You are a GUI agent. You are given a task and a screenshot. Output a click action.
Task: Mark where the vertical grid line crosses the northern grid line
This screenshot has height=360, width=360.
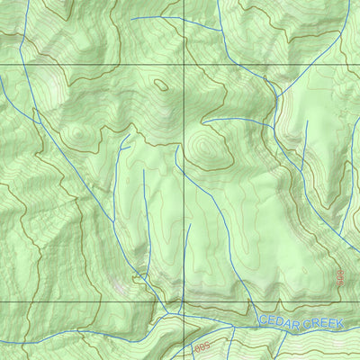tap(184, 66)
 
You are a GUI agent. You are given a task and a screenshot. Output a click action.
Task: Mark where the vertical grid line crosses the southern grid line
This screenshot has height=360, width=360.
tap(184, 302)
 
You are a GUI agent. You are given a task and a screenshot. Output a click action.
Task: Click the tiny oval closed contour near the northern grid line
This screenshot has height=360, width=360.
tap(161, 85)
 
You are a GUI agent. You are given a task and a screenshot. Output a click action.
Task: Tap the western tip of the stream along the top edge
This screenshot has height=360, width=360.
tap(131, 18)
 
